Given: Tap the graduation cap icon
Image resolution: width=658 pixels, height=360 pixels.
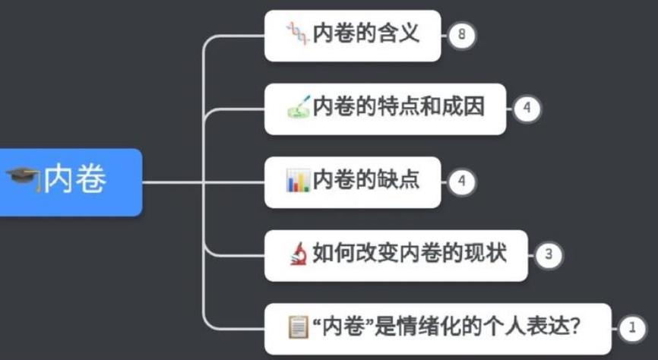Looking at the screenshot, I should tap(23, 180).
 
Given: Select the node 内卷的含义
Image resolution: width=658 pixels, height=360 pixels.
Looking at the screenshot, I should tap(353, 35).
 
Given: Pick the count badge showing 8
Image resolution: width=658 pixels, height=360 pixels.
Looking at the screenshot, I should tap(460, 35).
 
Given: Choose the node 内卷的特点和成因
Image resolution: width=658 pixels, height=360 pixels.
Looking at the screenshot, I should tap(385, 109).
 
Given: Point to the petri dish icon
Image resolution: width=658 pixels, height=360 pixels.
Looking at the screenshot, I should tap(298, 108).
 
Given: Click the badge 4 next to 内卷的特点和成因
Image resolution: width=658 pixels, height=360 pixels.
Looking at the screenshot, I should tap(526, 109).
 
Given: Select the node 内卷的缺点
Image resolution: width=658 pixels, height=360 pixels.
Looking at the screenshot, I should tap(353, 182).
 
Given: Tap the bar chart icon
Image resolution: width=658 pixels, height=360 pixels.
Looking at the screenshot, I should tap(298, 181).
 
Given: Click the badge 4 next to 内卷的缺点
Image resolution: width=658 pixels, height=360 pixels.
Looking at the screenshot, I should tap(460, 182).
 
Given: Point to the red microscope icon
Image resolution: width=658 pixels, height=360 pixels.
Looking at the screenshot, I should tap(298, 254).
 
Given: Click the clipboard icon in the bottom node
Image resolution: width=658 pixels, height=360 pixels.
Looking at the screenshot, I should tap(298, 327).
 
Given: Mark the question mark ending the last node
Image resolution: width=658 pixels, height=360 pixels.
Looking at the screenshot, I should tap(575, 327).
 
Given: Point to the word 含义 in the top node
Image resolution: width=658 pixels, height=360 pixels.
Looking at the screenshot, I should tap(399, 34).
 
